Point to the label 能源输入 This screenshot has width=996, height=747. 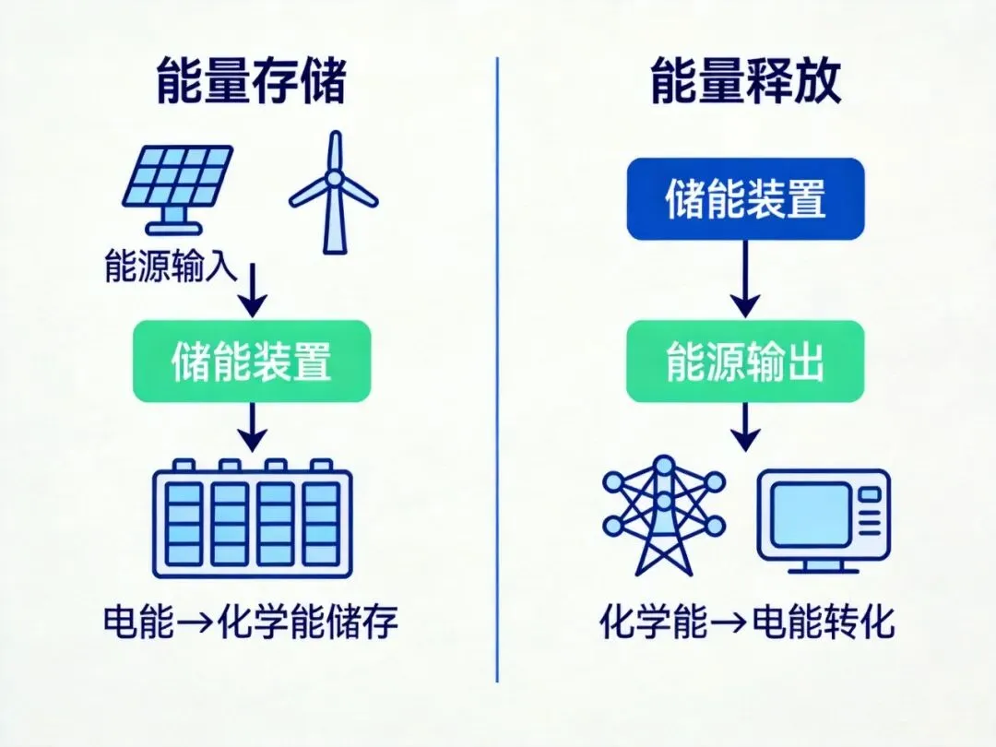pyautogui.click(x=172, y=272)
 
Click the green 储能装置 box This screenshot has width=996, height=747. pyautogui.click(x=252, y=362)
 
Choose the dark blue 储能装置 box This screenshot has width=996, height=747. pyautogui.click(x=745, y=199)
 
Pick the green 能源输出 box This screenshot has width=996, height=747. pyautogui.click(x=745, y=362)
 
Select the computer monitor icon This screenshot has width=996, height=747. pyautogui.click(x=824, y=521)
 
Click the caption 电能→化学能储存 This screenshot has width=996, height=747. pyautogui.click(x=251, y=623)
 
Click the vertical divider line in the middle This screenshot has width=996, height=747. pyautogui.click(x=497, y=369)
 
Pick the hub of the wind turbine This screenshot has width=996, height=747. pyautogui.click(x=335, y=177)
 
